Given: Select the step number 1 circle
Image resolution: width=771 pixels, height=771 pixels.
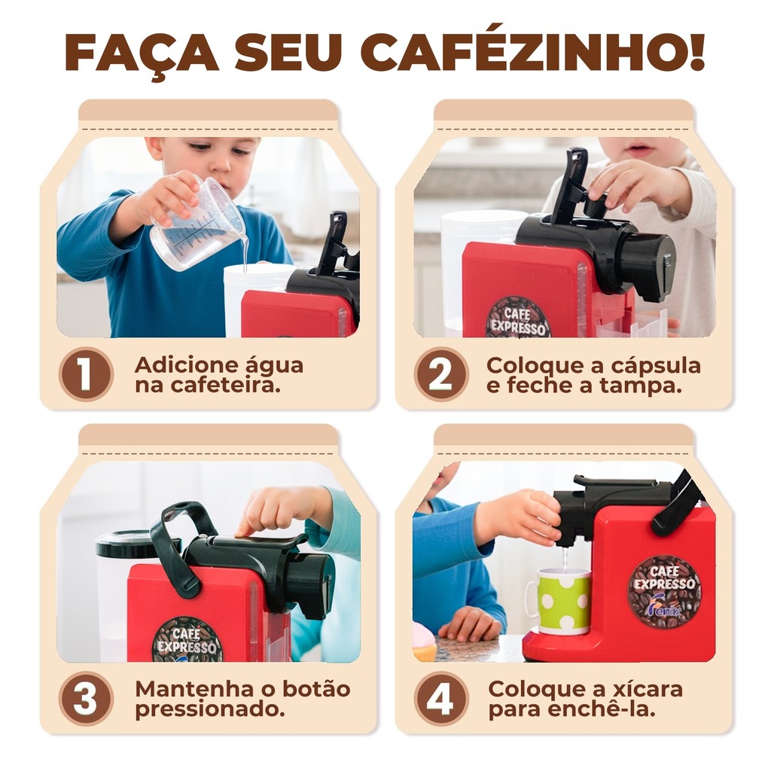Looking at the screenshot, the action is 86,373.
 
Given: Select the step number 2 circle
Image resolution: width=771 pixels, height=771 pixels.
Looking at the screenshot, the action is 441,373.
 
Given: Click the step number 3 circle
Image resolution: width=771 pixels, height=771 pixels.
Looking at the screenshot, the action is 86,698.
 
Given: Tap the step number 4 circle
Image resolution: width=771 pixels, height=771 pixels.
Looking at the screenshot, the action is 441,698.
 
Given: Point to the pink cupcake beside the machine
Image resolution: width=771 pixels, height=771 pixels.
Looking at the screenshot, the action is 424,641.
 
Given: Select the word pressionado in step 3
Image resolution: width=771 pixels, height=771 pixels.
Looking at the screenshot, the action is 210,709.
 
